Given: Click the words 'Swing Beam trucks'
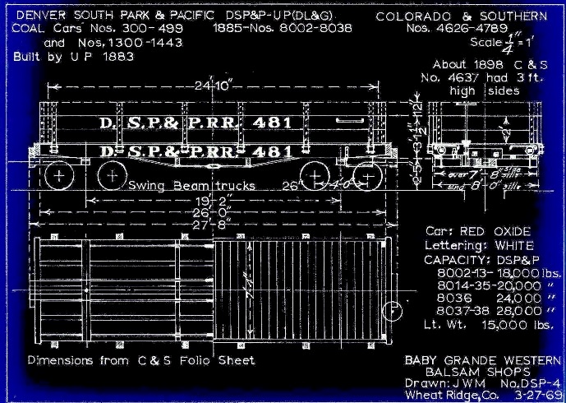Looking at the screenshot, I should point(192,186).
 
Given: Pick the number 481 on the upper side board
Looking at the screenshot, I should point(268,123).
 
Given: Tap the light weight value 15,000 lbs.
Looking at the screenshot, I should point(509,326).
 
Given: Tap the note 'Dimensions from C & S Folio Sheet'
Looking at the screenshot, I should point(141,360).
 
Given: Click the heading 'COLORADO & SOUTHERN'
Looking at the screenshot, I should point(462,16).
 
